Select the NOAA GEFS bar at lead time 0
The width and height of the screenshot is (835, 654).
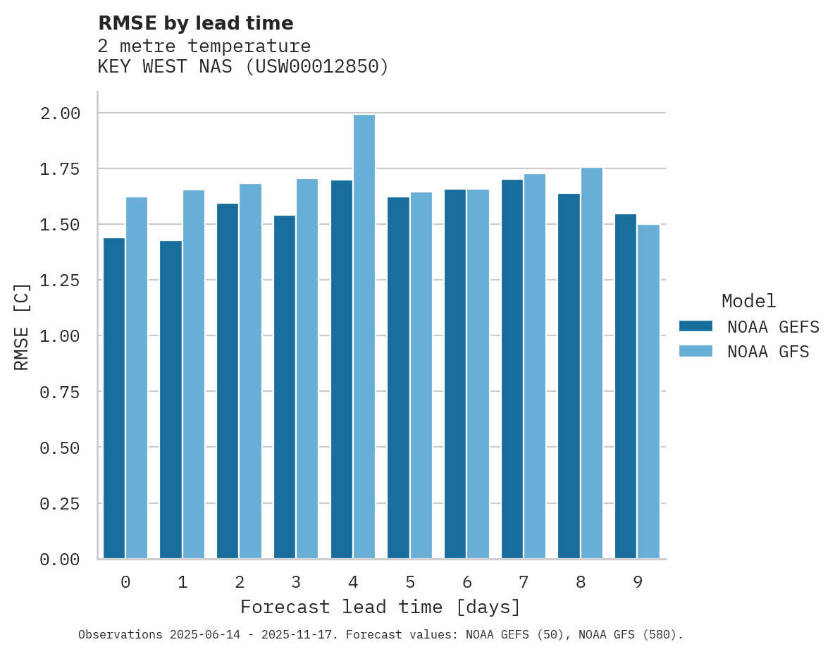pyautogui.click(x=114, y=398)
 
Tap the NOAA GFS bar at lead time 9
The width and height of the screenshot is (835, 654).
pyautogui.click(x=648, y=392)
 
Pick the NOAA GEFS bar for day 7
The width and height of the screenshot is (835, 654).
pyautogui.click(x=512, y=369)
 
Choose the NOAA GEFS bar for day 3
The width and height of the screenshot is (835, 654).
pyautogui.click(x=285, y=387)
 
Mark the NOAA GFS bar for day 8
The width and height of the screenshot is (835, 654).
pyautogui.click(x=592, y=363)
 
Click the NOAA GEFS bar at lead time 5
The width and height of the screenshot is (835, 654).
pyautogui.click(x=398, y=378)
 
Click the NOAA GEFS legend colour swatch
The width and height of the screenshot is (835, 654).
pyautogui.click(x=695, y=326)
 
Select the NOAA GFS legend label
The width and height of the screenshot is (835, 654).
pyautogui.click(x=768, y=352)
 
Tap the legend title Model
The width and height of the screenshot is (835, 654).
pyautogui.click(x=749, y=302)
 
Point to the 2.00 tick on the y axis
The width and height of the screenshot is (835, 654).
pyautogui.click(x=60, y=113)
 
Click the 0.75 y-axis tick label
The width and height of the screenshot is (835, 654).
pyautogui.click(x=60, y=393)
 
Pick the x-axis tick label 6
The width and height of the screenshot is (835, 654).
pyautogui.click(x=467, y=583)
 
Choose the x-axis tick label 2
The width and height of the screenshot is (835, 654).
pyautogui.click(x=240, y=583)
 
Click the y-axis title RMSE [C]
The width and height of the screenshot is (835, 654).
pyautogui.click(x=22, y=326)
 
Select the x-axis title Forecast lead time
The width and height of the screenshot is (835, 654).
pyautogui.click(x=381, y=607)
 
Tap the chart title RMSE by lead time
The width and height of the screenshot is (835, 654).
pyautogui.click(x=196, y=23)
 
